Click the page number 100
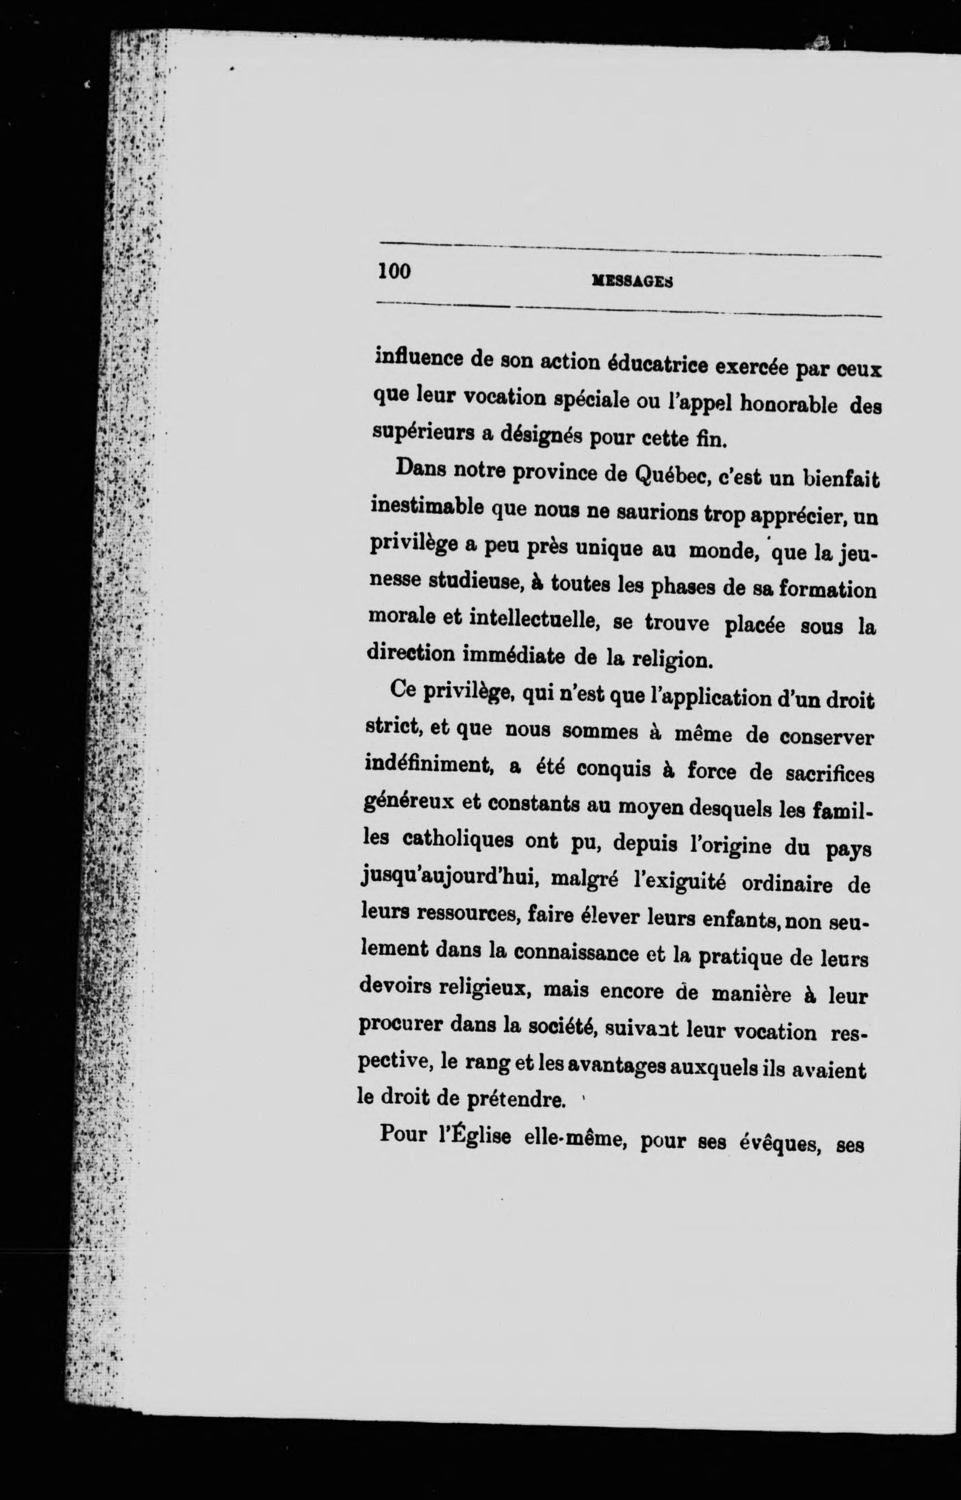click(395, 271)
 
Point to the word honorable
click(789, 404)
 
